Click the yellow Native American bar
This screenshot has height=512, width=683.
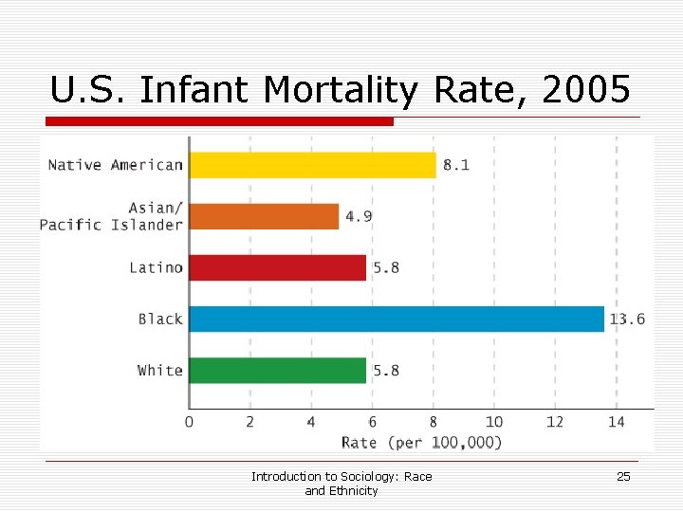[313, 165]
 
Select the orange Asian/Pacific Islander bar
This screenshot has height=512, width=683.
[264, 216]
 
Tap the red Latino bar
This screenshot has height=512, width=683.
[278, 267]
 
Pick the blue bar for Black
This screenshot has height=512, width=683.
[397, 319]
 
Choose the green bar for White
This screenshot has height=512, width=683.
[278, 370]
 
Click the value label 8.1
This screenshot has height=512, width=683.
[455, 165]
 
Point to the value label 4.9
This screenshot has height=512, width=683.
[359, 216]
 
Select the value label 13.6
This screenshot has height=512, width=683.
[626, 319]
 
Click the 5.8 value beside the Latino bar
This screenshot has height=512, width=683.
[386, 267]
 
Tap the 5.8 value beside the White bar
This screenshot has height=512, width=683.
[386, 370]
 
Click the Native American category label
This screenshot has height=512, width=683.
[115, 165]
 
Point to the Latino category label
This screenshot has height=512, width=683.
[156, 267]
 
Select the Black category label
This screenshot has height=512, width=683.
[160, 319]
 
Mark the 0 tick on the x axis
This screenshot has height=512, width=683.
[189, 422]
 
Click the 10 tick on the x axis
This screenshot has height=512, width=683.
[494, 422]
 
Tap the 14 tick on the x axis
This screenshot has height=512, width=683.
[616, 422]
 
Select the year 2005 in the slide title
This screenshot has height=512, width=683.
[587, 90]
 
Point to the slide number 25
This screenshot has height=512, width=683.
[623, 477]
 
